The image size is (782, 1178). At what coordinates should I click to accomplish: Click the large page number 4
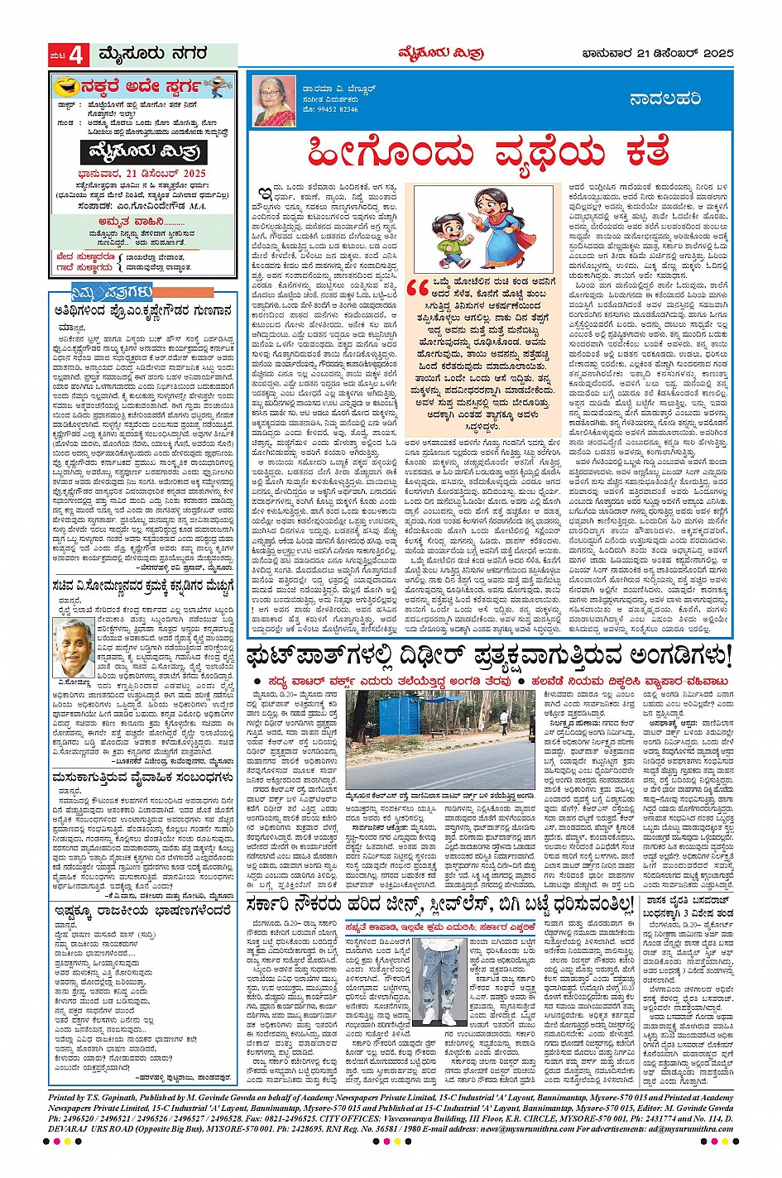pos(77,55)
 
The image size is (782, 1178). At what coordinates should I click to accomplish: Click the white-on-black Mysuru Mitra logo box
pos(144,151)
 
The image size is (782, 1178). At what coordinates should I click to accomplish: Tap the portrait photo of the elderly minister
pos(72,648)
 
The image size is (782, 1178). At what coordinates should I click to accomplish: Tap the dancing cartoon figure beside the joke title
pos(218,85)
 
